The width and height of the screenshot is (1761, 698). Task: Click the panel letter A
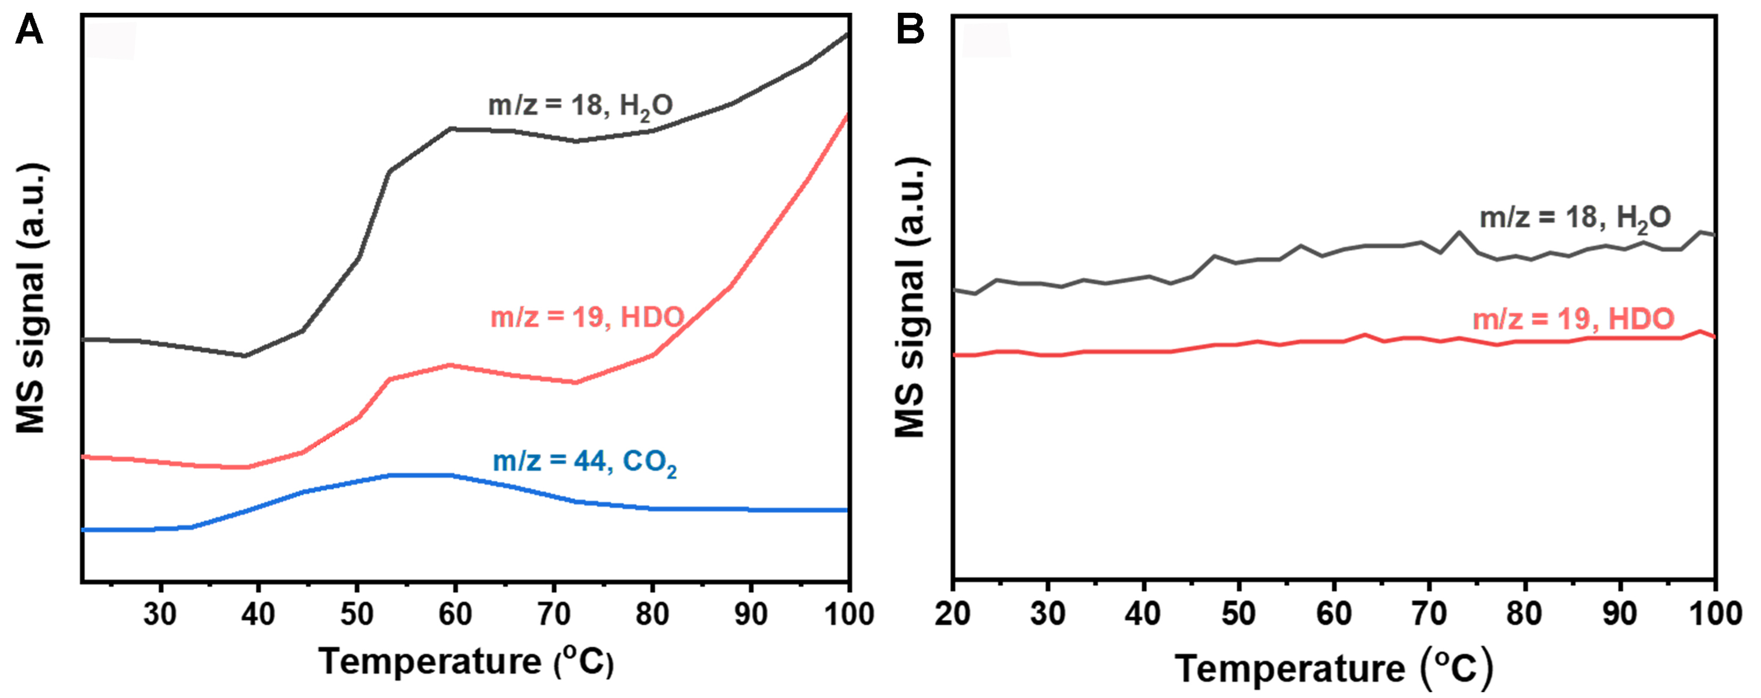[x=29, y=31]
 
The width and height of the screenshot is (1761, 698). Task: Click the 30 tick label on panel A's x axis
[x=160, y=614]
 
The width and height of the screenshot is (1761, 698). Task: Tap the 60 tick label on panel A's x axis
[x=455, y=614]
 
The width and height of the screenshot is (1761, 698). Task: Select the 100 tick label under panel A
[x=848, y=614]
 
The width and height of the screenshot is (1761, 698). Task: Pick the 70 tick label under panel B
[x=1429, y=614]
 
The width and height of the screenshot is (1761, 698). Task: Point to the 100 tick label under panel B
[x=1715, y=614]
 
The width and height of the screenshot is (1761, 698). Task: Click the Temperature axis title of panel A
[x=465, y=661]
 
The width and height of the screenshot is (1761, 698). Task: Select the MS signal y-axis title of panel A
[x=31, y=298]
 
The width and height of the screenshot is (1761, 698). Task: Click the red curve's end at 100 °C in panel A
[x=847, y=116]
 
